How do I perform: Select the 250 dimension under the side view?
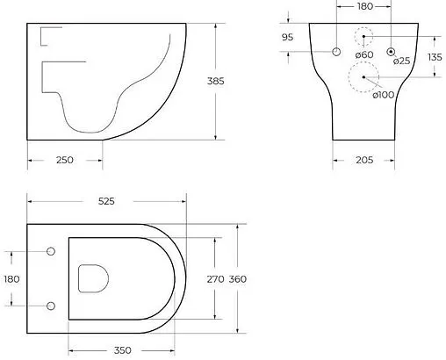(64, 160)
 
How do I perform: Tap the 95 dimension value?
(287, 37)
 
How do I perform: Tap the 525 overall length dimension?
(106, 201)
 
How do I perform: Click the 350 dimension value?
(121, 350)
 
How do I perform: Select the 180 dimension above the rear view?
(363, 7)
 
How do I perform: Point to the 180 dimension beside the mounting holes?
(11, 278)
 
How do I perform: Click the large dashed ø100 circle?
(363, 78)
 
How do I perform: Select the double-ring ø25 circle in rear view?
(391, 51)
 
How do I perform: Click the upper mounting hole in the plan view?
(50, 252)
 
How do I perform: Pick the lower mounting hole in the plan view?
(50, 306)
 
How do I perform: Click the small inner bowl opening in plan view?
(92, 278)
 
